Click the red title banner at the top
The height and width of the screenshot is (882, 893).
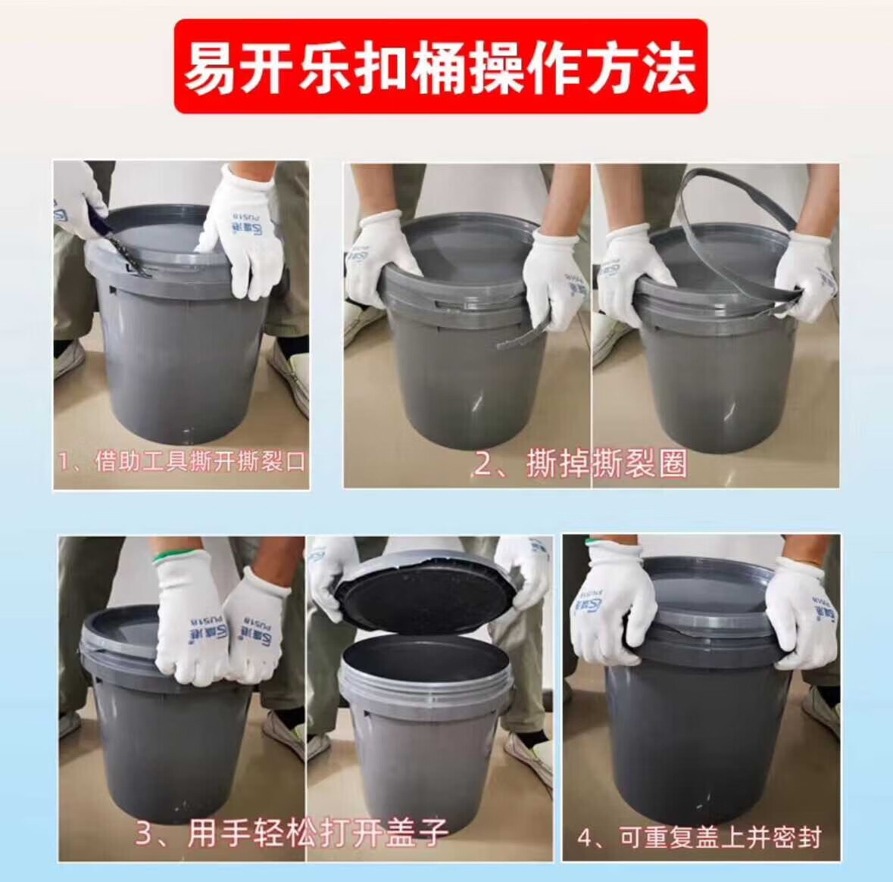(440, 66)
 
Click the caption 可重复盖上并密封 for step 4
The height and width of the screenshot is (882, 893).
(720, 837)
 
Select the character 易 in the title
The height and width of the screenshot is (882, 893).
(210, 67)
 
